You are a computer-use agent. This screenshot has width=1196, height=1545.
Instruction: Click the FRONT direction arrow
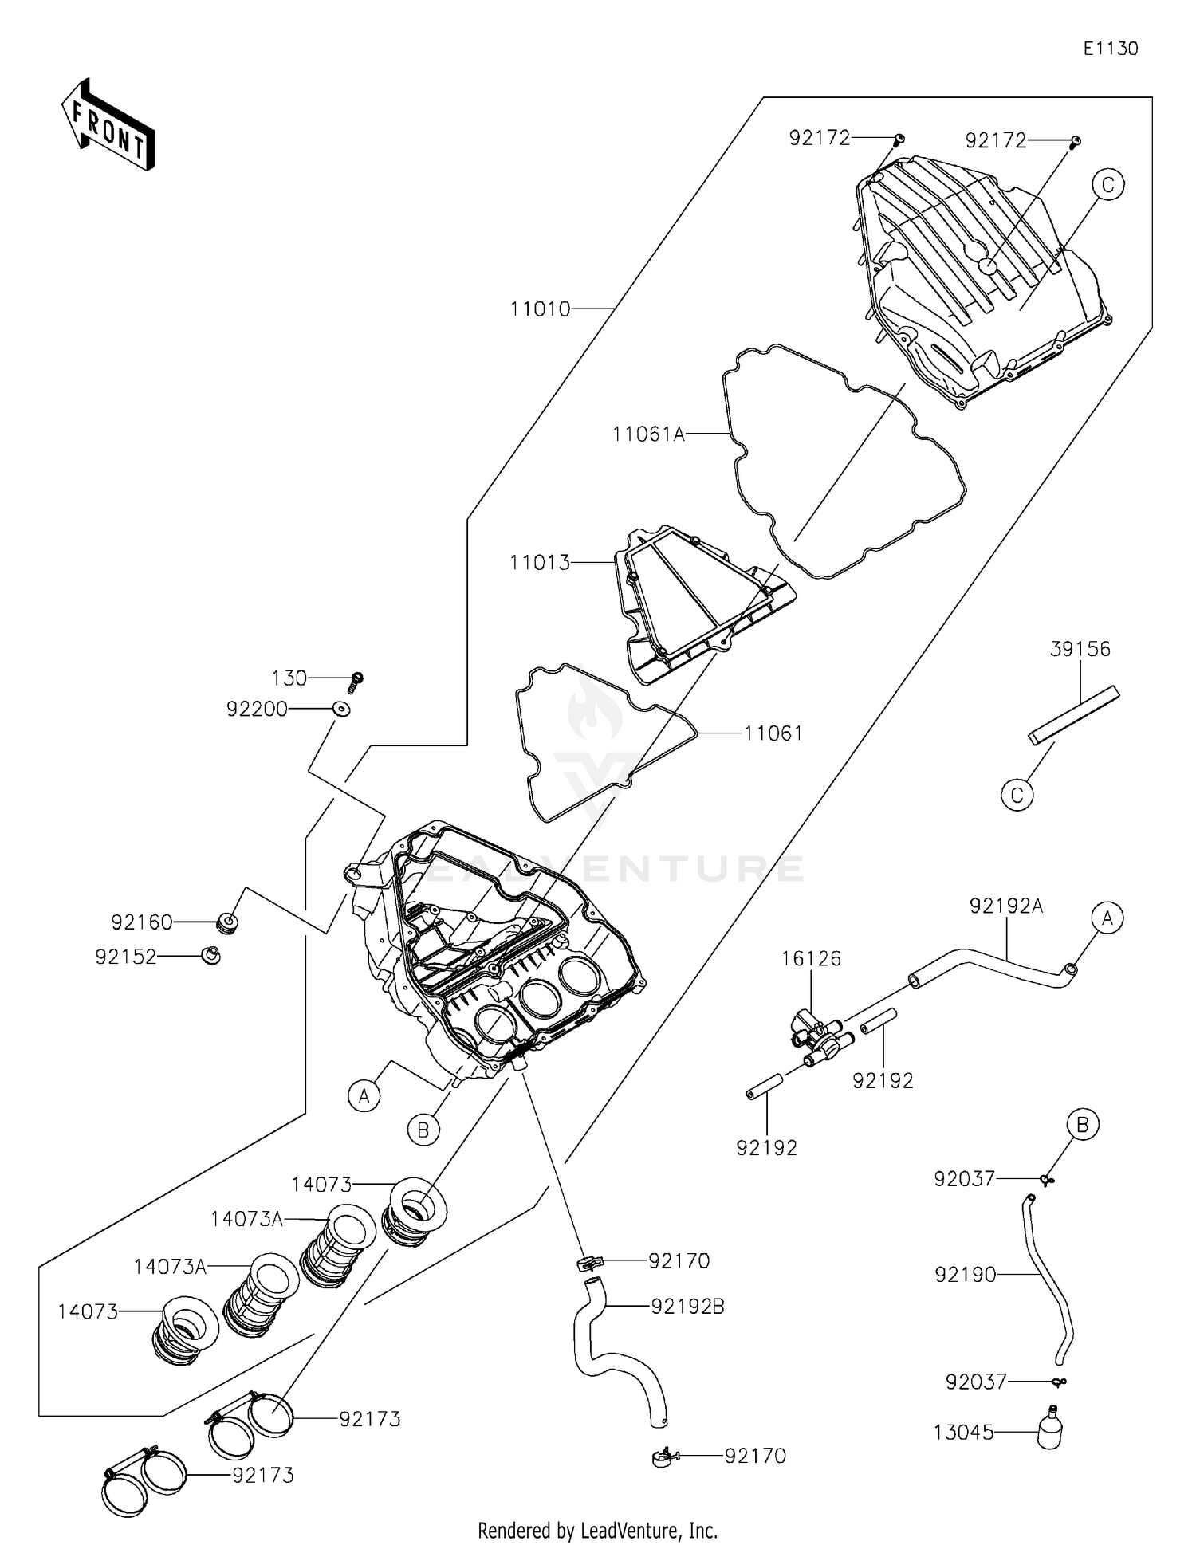108,126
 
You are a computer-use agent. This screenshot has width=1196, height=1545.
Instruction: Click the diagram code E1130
1110,49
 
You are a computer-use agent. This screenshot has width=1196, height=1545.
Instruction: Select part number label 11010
540,309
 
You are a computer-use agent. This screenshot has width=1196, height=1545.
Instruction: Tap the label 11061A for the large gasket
648,434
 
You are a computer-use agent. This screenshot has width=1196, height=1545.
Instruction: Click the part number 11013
540,563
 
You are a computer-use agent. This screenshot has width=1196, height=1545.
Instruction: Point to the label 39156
1080,649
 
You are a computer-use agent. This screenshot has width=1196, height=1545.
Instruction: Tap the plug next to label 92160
228,924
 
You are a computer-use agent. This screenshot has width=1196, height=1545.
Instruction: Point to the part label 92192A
1005,906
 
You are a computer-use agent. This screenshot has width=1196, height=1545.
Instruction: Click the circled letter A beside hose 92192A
1107,918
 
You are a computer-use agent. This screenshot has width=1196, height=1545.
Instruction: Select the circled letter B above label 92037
1083,1125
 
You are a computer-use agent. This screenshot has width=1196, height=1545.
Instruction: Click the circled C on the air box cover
1107,185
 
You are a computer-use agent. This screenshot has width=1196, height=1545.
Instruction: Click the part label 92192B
687,1307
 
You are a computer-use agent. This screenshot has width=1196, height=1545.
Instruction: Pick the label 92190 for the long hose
965,1275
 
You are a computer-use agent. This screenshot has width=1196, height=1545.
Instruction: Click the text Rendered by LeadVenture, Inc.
597,1530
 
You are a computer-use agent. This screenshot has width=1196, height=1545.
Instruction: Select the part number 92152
125,957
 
